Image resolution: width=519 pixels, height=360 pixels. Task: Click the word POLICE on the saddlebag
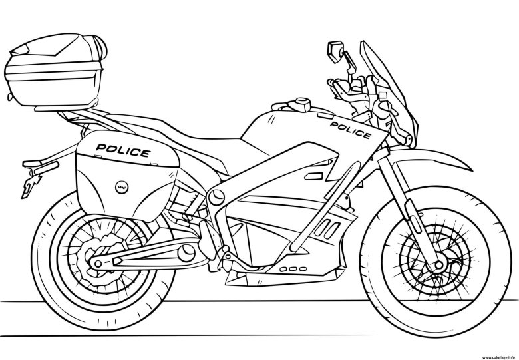123,150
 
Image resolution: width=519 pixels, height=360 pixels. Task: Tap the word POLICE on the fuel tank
351,130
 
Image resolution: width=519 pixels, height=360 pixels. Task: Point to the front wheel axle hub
439,265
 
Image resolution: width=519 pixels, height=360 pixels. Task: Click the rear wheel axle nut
98,264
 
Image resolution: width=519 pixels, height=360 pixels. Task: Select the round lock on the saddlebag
119,187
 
